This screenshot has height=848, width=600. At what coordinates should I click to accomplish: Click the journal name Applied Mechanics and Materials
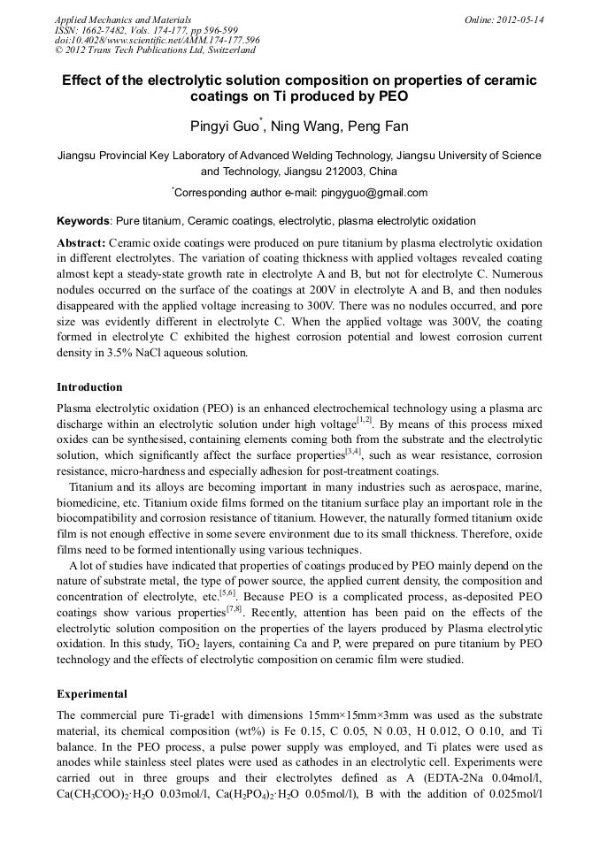[x=122, y=19]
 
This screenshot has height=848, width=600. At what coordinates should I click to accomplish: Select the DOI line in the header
[x=157, y=40]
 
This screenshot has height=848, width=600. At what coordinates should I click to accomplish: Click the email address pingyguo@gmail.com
[x=374, y=193]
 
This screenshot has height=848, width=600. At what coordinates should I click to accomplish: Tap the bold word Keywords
[x=83, y=221]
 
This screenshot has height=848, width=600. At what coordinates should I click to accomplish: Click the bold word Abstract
[x=81, y=242]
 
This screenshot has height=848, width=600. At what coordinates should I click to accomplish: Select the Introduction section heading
[x=89, y=387]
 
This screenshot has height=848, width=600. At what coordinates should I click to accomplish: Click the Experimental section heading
[x=91, y=693]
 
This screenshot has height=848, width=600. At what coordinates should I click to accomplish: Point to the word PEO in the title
[x=390, y=97]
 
